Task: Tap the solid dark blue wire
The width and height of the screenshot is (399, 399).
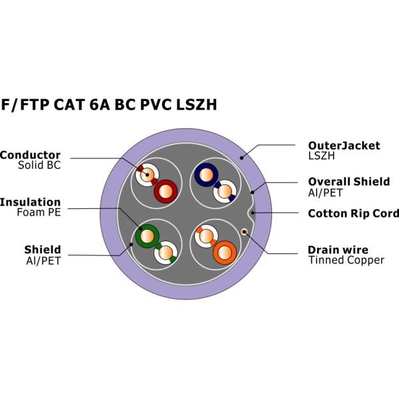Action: (205, 175)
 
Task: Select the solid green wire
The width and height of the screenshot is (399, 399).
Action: (146, 235)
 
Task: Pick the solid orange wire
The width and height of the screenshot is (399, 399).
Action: (224, 253)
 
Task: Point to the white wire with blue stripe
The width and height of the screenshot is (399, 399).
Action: (225, 192)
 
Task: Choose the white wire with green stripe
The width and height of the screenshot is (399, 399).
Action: (164, 253)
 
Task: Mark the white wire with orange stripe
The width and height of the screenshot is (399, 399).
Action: (205, 235)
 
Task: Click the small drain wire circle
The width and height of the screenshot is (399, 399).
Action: (245, 231)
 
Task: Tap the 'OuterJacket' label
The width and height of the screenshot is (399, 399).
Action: (344, 146)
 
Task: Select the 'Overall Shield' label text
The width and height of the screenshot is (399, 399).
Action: (348, 182)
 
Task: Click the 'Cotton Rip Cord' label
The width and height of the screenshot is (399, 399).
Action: (353, 213)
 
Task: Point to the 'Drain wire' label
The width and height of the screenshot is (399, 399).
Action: (337, 250)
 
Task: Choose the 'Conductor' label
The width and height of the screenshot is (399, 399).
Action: (31, 155)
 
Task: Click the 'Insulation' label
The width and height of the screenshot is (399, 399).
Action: (31, 202)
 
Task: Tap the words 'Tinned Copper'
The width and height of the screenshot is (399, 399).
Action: (346, 260)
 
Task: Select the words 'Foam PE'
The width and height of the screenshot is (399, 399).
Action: (39, 213)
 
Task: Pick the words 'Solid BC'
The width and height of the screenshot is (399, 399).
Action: (39, 165)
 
